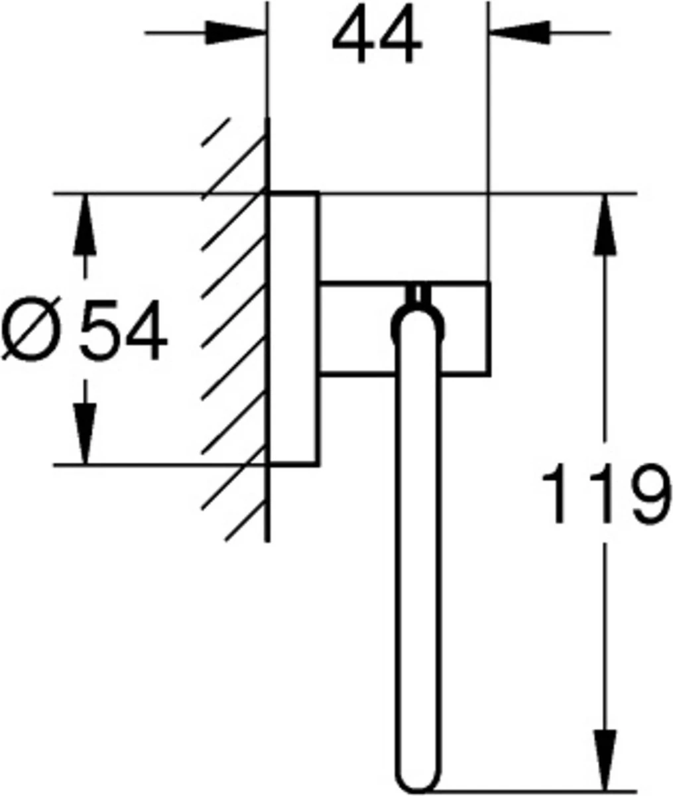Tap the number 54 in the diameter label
click(124, 330)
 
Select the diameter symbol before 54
click(32, 328)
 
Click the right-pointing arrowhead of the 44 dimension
click(235, 33)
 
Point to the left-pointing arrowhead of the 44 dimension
click(520, 33)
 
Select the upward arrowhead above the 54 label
click(85, 226)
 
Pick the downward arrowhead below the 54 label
click(85, 434)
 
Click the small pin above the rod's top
click(418, 295)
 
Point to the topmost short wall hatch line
click(215, 132)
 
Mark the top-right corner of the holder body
click(490, 283)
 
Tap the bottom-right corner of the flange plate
click(318, 465)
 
